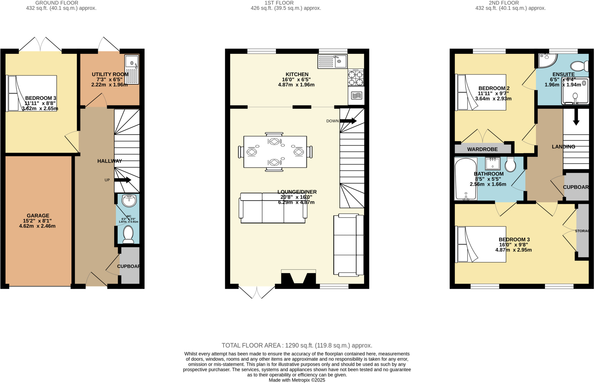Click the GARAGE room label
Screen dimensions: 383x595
38,216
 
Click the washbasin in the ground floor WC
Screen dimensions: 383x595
129,201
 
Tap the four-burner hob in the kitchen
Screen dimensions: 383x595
356,78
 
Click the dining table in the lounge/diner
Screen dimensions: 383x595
275,152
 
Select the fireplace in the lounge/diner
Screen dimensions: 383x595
298,278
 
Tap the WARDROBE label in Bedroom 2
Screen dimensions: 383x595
482,149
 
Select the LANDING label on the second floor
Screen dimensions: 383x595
563,147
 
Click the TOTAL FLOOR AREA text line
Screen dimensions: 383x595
297,346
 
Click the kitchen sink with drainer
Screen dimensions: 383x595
332,61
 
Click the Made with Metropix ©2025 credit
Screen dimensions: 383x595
297,380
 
